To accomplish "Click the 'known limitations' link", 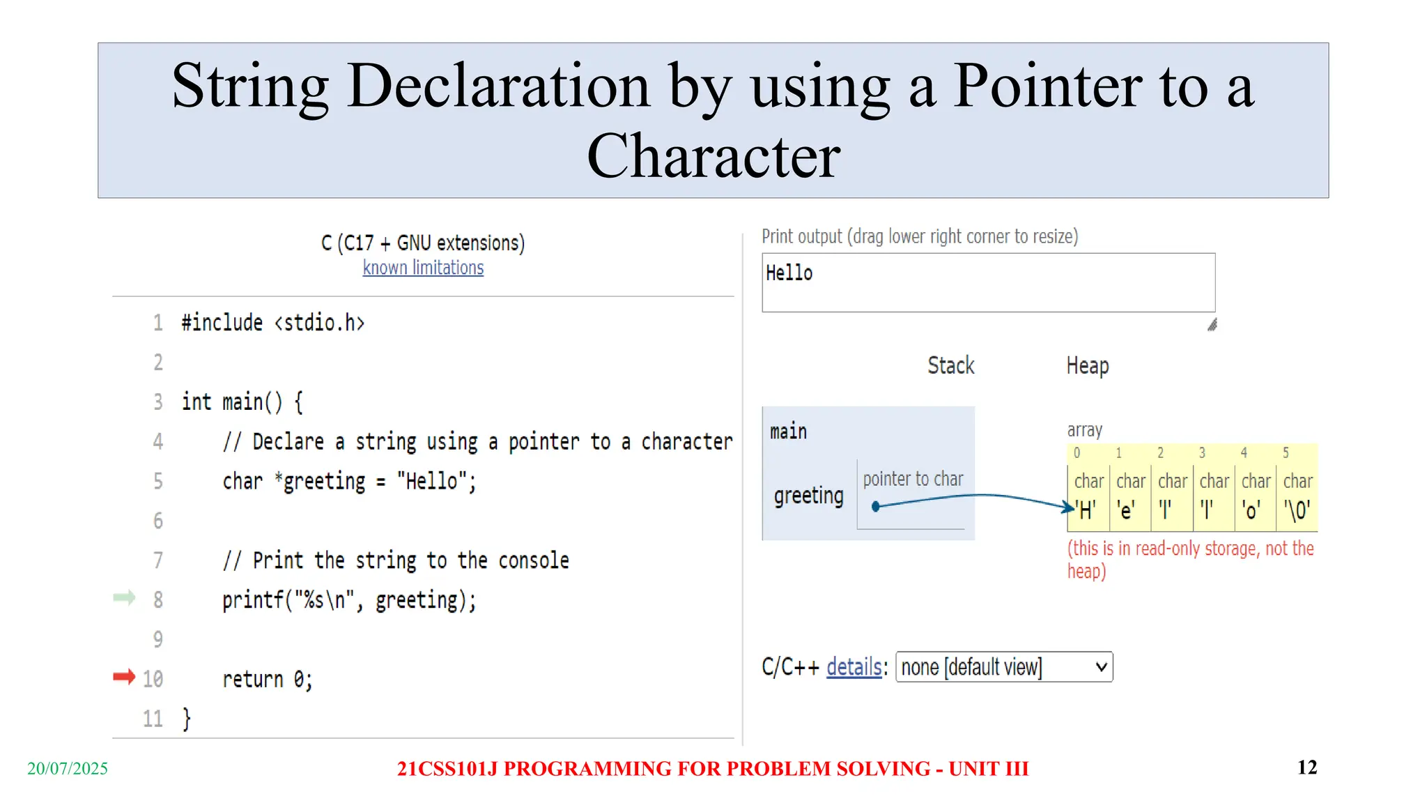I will (x=423, y=268).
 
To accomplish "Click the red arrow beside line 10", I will (x=124, y=677).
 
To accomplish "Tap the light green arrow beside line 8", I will (x=124, y=597).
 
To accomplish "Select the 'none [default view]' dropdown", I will (x=1004, y=667).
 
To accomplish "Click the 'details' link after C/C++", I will (x=854, y=667).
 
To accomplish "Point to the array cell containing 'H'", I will (x=1088, y=496).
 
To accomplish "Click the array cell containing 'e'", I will (x=1129, y=496).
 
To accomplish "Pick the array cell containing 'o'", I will (x=1255, y=496).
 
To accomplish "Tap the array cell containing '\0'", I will (x=1297, y=496).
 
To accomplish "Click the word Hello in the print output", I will (x=789, y=273).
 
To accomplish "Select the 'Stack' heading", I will (x=951, y=365).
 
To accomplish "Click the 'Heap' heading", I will (x=1088, y=365).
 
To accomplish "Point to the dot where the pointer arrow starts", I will (x=876, y=507).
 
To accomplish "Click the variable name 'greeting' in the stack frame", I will (x=808, y=496).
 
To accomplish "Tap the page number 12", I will (x=1307, y=767).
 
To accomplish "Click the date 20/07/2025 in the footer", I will (x=68, y=768).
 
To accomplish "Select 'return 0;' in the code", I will (x=268, y=679).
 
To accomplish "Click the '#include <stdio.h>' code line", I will (x=272, y=323).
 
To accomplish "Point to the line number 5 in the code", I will (x=158, y=481).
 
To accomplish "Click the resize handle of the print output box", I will (x=1212, y=325).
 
